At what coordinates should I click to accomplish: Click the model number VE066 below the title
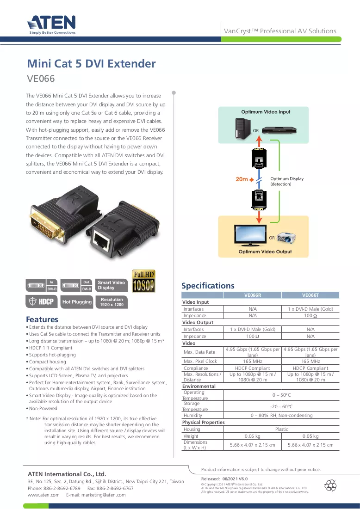click(x=41, y=79)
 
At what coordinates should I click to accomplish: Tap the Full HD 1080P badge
click(x=143, y=281)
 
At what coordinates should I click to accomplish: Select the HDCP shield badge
click(x=42, y=301)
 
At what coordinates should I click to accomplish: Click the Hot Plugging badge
click(x=77, y=302)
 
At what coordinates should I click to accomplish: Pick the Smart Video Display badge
click(x=111, y=285)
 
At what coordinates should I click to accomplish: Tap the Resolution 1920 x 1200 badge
click(x=112, y=302)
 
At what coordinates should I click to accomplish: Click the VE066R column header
click(x=253, y=295)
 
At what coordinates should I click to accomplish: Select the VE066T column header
click(x=310, y=295)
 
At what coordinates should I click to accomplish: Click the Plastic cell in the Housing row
click(x=281, y=429)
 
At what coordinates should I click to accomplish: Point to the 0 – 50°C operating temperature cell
click(x=281, y=395)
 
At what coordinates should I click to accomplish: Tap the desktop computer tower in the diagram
click(x=243, y=129)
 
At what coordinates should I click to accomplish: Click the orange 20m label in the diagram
click(x=242, y=179)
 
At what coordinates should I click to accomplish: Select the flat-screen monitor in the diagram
click(x=250, y=235)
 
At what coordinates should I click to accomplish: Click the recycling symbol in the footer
click(x=330, y=485)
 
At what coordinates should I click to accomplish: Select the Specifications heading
click(x=208, y=286)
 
